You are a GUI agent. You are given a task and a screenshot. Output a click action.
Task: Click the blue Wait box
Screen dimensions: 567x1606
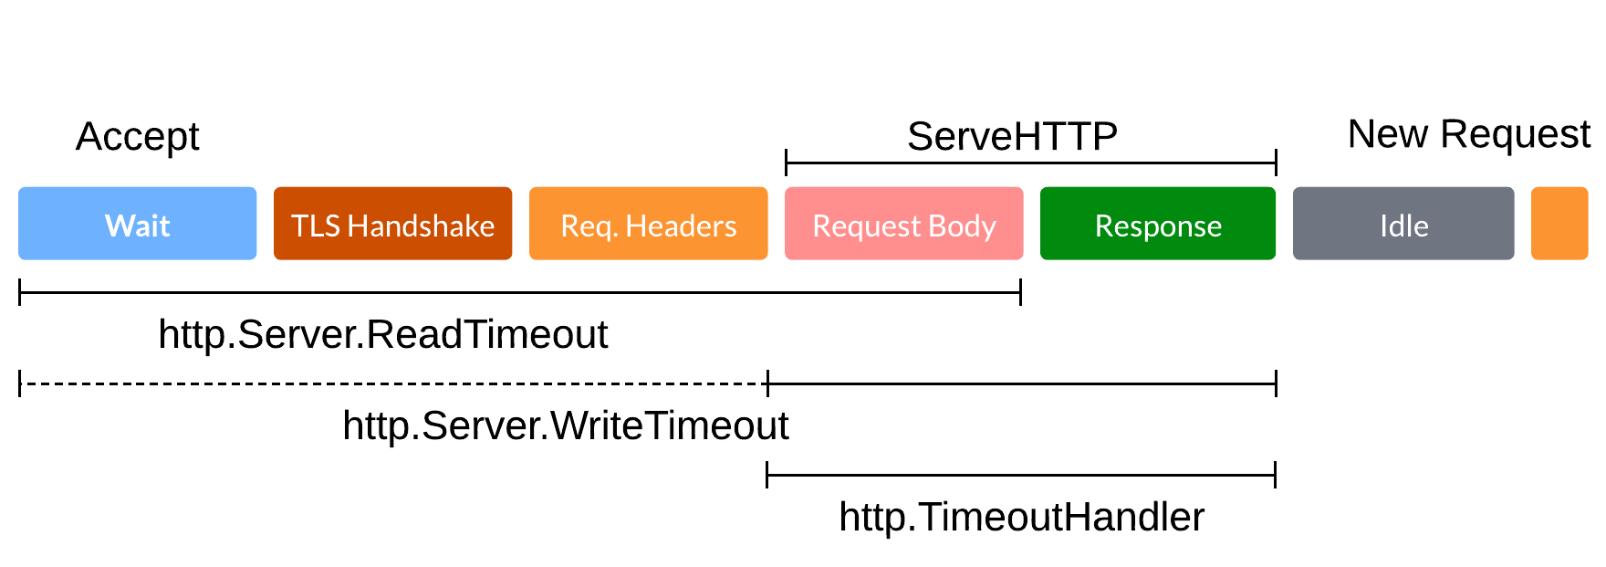coord(137,224)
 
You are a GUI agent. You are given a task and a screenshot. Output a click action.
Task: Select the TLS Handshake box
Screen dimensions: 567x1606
coord(392,224)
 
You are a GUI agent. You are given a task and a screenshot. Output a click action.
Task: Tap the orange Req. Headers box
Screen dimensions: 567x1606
coord(648,224)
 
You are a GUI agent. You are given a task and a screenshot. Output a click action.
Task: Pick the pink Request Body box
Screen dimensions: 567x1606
coord(903,224)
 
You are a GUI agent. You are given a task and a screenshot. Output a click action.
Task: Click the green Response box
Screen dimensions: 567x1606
coord(1157,224)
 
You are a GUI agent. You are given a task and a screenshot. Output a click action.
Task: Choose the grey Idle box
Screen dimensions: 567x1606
coord(1403,224)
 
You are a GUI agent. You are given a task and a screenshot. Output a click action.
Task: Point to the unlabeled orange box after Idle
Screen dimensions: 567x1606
coord(1559,224)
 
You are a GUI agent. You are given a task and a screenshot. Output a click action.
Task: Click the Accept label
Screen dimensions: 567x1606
coord(137,137)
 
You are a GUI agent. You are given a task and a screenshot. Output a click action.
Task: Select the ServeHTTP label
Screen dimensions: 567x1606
coord(1012,137)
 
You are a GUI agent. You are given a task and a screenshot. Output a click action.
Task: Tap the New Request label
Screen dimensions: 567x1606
coord(1468,134)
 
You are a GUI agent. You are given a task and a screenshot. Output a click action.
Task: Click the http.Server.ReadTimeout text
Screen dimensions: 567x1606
coord(382,334)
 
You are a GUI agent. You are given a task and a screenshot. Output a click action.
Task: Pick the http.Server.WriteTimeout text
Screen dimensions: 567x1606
coord(565,425)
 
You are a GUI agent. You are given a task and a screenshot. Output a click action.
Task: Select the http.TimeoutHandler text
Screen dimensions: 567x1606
coord(1021,517)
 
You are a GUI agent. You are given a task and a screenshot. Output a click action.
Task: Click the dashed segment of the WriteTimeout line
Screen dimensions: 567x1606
coord(392,383)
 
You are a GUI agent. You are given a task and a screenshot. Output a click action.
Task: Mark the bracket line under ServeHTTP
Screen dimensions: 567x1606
coord(1030,163)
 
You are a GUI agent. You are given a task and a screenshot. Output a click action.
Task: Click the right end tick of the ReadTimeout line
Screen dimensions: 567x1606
coord(1020,292)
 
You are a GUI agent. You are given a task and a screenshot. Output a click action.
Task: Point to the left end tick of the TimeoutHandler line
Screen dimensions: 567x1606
coord(767,475)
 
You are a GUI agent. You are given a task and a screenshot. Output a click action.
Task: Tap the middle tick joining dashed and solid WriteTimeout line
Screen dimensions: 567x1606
coord(768,383)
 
